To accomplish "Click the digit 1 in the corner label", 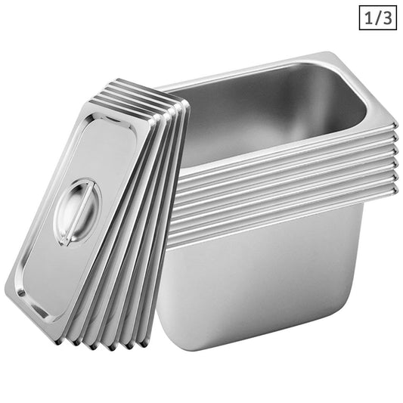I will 367,16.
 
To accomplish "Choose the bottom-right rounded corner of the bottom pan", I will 355,318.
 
